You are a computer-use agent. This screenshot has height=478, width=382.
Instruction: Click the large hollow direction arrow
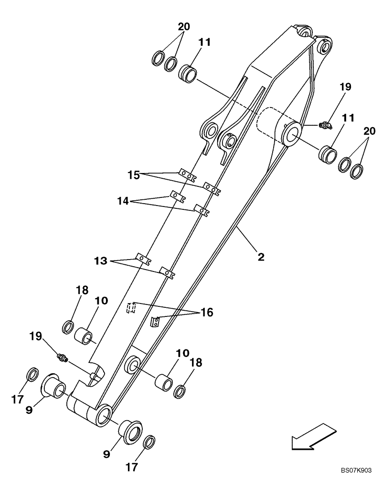pyautogui.click(x=310, y=436)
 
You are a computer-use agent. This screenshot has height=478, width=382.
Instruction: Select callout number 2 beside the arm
pyautogui.click(x=261, y=257)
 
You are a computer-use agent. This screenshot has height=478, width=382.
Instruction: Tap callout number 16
pyautogui.click(x=206, y=313)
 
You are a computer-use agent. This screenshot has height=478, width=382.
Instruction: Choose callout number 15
pyautogui.click(x=134, y=175)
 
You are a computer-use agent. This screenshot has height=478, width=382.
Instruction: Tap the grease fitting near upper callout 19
pyautogui.click(x=325, y=125)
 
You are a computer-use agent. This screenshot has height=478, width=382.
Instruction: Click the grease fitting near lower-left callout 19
pyautogui.click(x=62, y=357)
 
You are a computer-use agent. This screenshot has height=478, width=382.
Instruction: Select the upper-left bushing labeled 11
pyautogui.click(x=188, y=74)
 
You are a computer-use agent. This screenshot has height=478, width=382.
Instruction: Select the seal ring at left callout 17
pyautogui.click(x=32, y=374)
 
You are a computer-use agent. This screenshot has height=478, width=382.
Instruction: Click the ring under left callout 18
pyautogui.click(x=68, y=327)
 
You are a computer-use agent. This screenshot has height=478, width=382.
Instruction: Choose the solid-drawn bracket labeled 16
pyautogui.click(x=155, y=322)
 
